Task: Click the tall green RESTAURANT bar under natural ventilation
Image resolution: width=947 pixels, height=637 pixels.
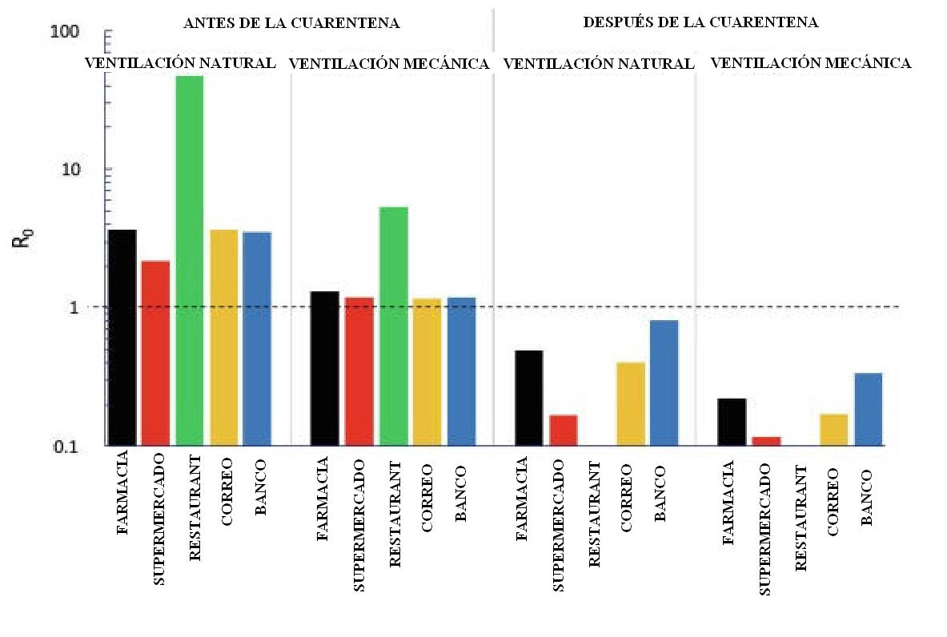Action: [x=189, y=260]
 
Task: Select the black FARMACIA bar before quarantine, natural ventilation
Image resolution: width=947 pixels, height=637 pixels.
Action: [x=122, y=337]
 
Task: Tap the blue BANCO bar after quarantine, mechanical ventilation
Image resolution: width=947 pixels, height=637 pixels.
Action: [x=868, y=409]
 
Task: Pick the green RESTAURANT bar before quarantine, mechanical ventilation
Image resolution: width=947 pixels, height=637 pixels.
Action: [x=393, y=326]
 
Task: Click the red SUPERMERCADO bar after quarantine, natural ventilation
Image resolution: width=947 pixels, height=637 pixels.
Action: [x=564, y=430]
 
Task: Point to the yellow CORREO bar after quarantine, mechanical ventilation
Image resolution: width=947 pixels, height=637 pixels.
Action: [x=833, y=429]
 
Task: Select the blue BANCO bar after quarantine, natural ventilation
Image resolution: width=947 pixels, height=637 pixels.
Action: [x=664, y=383]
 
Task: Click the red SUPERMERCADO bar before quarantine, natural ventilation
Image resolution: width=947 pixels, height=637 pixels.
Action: [x=155, y=353]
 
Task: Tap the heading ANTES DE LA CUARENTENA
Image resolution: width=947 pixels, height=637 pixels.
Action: [x=291, y=23]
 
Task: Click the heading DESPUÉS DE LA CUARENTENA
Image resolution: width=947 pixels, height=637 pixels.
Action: [x=700, y=22]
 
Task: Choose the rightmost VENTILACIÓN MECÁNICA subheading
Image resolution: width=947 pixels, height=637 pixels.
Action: [x=810, y=63]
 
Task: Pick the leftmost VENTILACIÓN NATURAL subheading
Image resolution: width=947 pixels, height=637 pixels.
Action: [x=181, y=62]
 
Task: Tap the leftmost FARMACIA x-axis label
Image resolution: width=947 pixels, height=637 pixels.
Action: [x=122, y=498]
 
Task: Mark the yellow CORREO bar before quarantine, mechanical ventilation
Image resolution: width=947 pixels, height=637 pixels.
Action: [x=427, y=371]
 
